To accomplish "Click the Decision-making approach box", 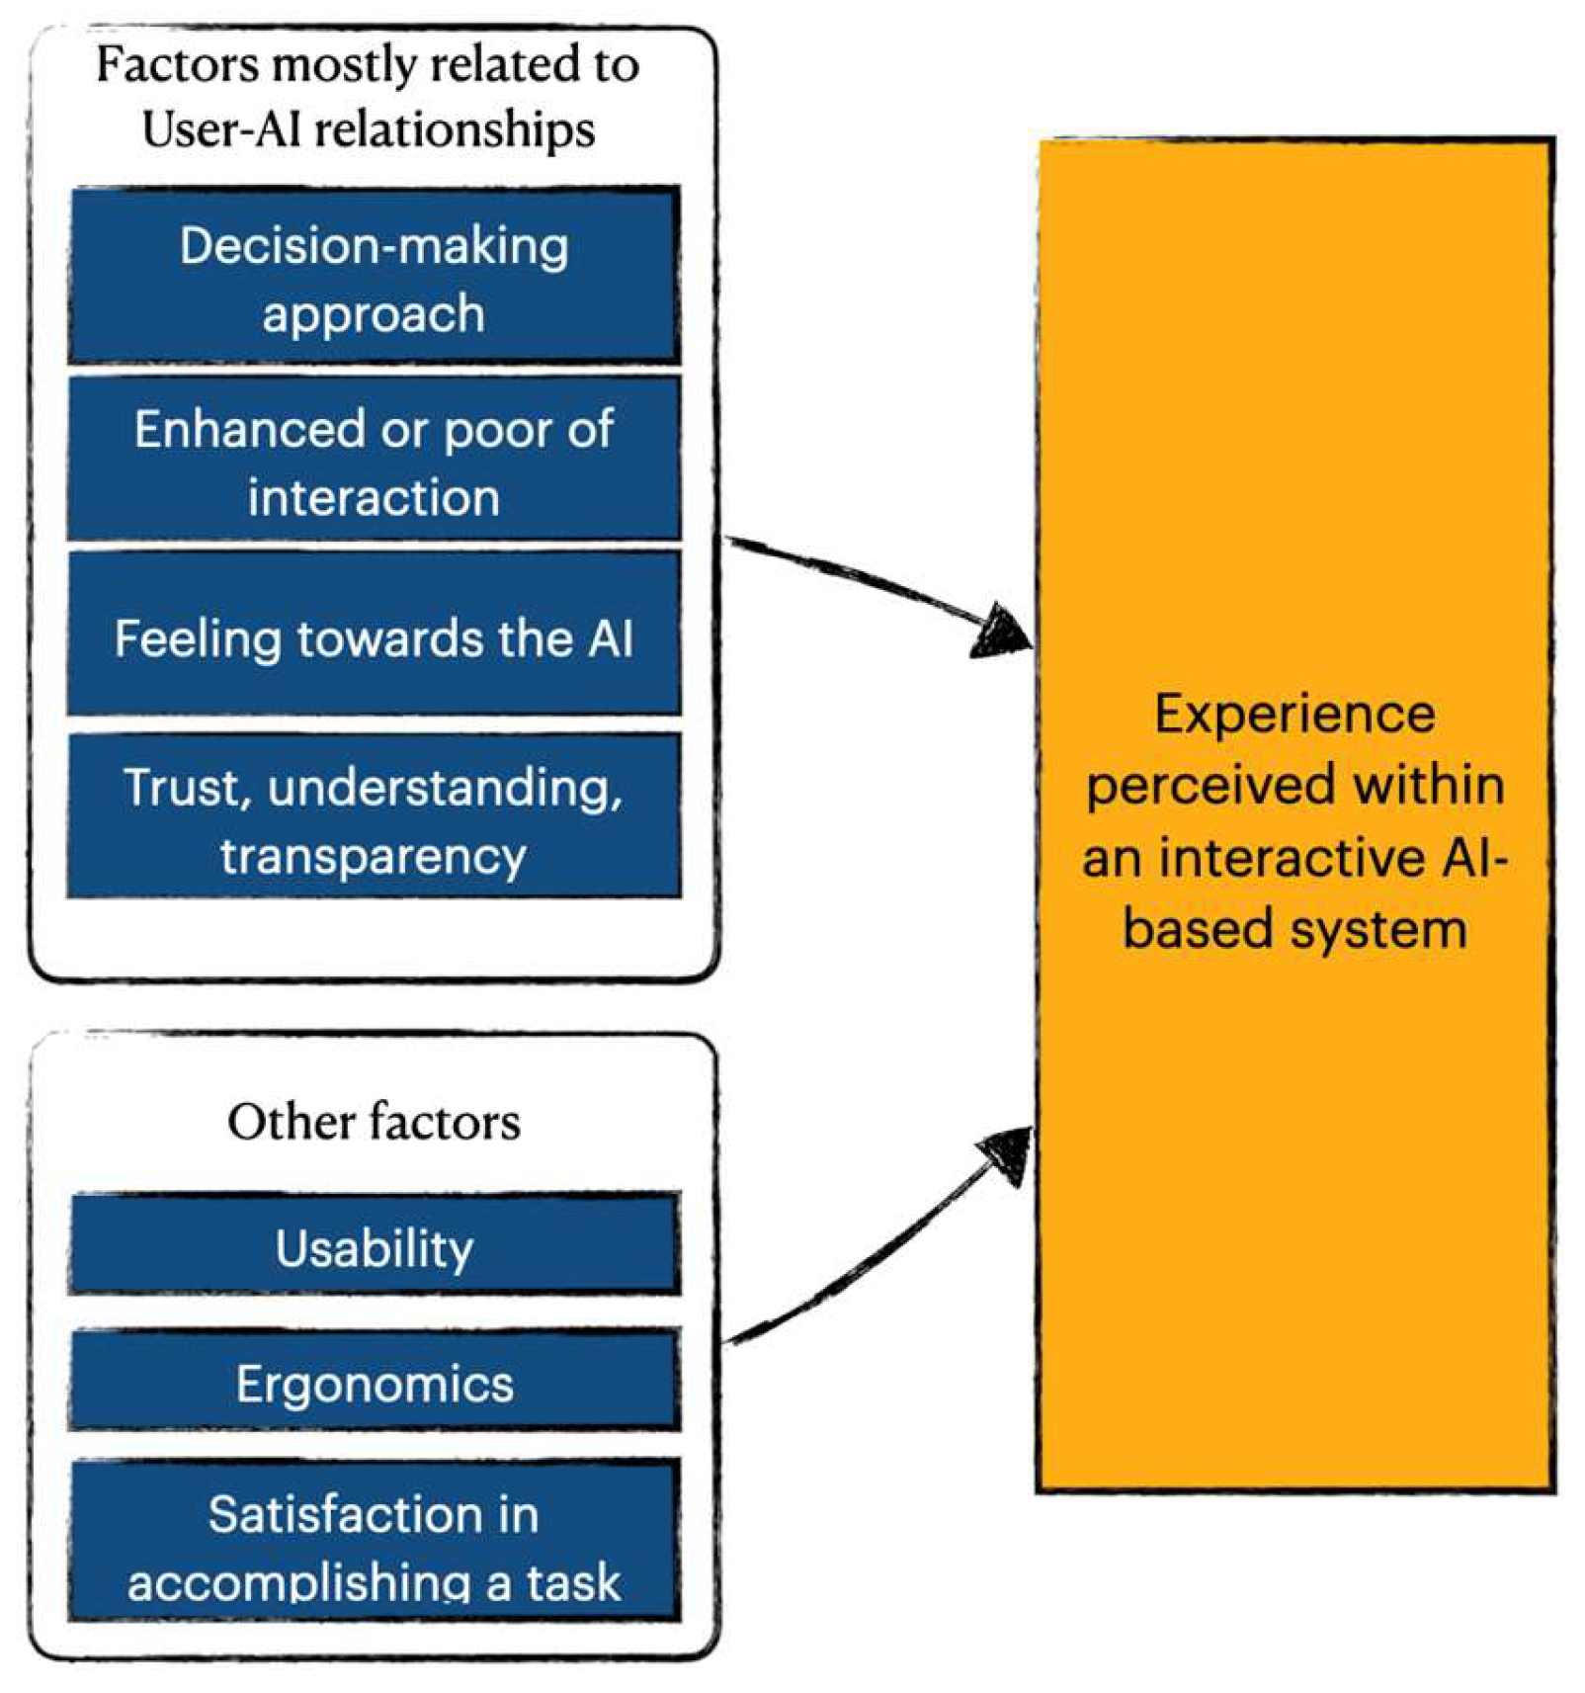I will click(x=374, y=277).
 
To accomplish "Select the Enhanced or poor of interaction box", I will click(x=374, y=460).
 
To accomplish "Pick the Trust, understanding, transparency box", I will click(x=374, y=817).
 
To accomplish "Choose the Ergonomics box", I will click(x=374, y=1382).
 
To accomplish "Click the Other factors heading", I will click(x=374, y=1122).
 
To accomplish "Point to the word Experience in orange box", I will click(x=1293, y=715).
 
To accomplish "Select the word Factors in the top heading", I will click(x=177, y=64).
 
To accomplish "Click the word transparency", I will click(x=374, y=856).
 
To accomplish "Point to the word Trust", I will click(x=184, y=788).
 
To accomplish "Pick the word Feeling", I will click(x=198, y=638).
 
